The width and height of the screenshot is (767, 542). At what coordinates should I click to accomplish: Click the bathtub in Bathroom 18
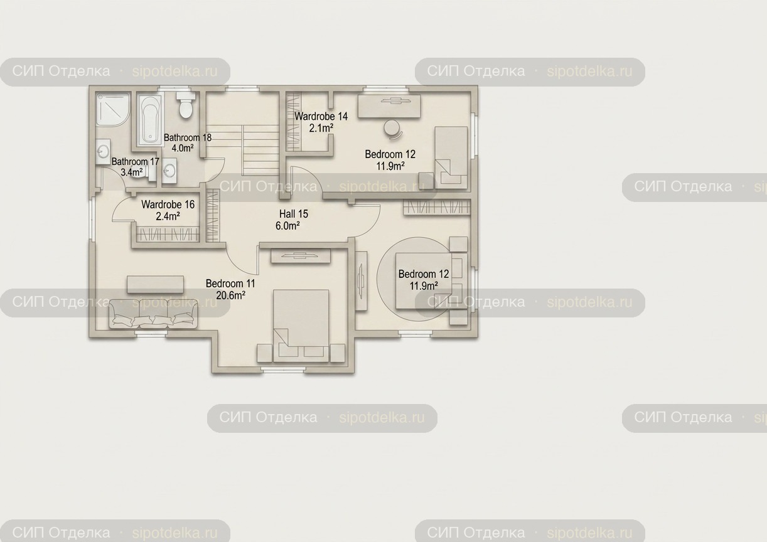pos(149,120)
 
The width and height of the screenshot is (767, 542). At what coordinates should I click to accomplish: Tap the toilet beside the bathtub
pos(185,105)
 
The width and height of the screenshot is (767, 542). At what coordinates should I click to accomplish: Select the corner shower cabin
pos(113,109)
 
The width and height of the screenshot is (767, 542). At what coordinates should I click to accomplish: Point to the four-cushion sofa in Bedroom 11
pos(153,314)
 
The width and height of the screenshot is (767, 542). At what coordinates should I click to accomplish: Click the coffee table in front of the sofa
pos(155,285)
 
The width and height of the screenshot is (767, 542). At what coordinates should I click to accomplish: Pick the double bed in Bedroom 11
pos(301,326)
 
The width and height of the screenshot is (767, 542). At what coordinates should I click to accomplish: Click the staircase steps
pos(261,150)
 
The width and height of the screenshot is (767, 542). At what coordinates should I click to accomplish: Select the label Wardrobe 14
pos(321,116)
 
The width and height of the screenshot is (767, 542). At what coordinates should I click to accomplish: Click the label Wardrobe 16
pos(168,205)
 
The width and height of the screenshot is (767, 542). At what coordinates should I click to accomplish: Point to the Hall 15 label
pos(294,214)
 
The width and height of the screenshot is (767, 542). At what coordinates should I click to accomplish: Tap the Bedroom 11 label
pos(230,284)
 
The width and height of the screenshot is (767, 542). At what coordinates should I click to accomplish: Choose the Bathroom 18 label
pos(188,137)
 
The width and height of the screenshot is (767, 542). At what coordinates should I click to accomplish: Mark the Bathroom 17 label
pos(135,161)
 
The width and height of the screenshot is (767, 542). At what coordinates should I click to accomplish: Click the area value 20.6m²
pos(230,295)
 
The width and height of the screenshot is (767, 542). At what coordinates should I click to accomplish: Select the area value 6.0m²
pos(287,226)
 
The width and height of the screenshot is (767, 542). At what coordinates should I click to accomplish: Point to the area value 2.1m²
pos(321,129)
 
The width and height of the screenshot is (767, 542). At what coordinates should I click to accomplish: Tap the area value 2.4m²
pos(168,216)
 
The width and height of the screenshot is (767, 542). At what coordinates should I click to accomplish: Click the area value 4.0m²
pos(183,148)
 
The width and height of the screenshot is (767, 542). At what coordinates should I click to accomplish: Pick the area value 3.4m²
pos(131,172)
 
